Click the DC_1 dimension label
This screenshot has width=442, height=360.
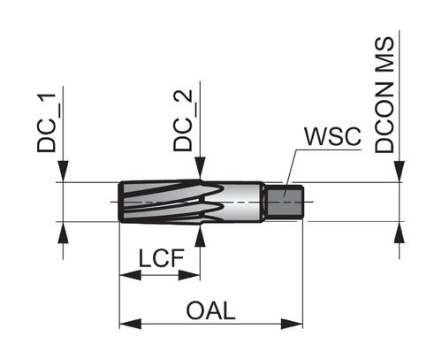click(46, 122)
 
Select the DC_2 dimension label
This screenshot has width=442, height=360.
click(183, 120)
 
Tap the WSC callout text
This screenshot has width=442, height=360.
click(332, 136)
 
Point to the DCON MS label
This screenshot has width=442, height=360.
click(385, 95)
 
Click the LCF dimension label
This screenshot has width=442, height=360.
click(161, 258)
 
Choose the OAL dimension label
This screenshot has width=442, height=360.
click(210, 310)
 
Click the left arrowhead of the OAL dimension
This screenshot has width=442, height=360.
click(130, 324)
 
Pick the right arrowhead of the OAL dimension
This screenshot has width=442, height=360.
click(292, 324)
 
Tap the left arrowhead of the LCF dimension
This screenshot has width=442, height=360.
click(130, 275)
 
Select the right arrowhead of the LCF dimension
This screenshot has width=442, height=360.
click(189, 275)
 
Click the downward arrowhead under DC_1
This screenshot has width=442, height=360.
click(63, 172)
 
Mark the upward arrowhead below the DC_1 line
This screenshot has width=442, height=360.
click(63, 233)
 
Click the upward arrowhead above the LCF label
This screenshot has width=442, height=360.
click(201, 235)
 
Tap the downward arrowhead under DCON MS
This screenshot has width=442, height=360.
click(400, 172)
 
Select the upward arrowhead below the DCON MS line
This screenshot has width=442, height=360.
click(400, 233)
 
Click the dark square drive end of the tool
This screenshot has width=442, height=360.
click(284, 202)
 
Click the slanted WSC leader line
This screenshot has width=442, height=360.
click(290, 173)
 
